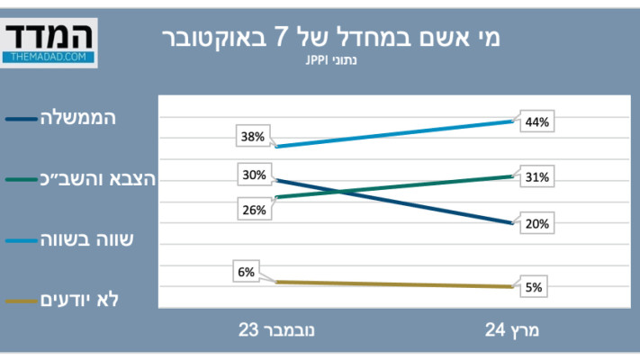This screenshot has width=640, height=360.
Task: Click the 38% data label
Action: pyautogui.click(x=253, y=138)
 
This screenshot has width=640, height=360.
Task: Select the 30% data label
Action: pyautogui.click(x=253, y=175)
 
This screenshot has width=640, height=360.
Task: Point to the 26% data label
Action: pyautogui.click(x=253, y=210)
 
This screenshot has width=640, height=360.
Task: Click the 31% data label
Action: pyautogui.click(x=537, y=177)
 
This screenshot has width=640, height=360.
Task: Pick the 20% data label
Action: pyautogui.click(x=537, y=223)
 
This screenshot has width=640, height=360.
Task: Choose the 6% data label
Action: pyautogui.click(x=247, y=269)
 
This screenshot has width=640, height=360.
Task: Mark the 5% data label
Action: pyautogui.click(x=534, y=288)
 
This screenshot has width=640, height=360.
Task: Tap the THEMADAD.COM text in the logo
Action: pyautogui.click(x=49, y=56)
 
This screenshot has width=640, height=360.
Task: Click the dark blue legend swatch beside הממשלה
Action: pyautogui.click(x=20, y=119)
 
